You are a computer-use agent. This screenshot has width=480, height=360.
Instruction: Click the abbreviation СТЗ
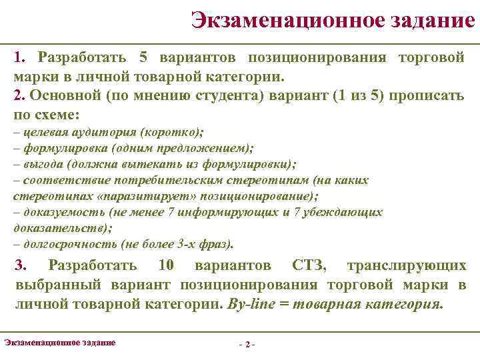[x=309, y=266]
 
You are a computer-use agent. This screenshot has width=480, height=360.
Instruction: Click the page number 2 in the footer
[x=247, y=345]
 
